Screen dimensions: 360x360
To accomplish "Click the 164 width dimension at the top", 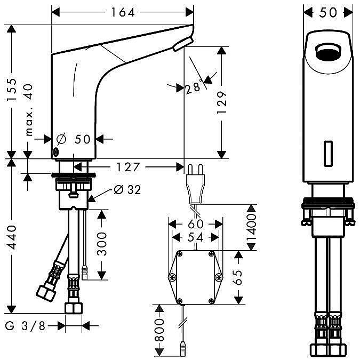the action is (123, 12).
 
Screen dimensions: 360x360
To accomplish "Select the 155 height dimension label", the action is (12, 90).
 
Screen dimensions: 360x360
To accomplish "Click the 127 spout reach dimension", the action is (128, 167).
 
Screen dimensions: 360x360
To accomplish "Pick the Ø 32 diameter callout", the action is (127, 190).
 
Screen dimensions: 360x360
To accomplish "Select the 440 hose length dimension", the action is (12, 238).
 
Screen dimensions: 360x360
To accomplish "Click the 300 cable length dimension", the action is (102, 244).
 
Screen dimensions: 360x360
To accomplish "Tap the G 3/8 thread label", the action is (25, 326).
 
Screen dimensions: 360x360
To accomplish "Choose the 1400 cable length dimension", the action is (251, 227).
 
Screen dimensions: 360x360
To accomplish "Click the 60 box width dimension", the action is (196, 224).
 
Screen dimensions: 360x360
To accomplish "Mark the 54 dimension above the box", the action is (195, 237).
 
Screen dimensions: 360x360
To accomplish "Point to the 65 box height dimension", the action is (238, 277).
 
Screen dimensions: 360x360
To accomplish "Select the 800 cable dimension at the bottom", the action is (159, 330).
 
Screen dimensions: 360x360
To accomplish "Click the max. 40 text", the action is (29, 110).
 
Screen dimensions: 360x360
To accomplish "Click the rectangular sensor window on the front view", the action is (329, 154).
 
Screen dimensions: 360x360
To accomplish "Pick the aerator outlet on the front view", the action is (329, 52).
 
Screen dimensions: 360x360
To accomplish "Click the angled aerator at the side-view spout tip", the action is (183, 44).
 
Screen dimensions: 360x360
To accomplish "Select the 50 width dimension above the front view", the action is (328, 12).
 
